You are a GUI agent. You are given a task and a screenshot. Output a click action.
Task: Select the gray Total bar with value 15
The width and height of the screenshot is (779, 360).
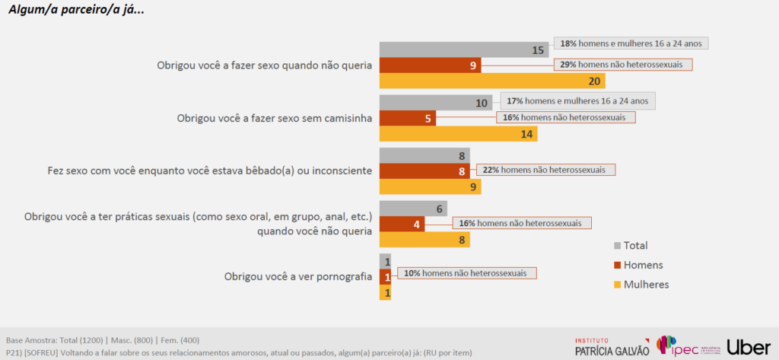464,50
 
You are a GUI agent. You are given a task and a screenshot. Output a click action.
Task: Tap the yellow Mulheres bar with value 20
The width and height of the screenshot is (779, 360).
491,81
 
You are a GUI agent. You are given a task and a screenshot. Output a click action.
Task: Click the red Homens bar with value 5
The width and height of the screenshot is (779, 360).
407,118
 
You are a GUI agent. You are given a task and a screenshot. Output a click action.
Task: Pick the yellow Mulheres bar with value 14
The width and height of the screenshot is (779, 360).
458,134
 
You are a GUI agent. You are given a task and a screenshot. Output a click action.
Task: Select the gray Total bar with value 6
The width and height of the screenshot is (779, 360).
412,209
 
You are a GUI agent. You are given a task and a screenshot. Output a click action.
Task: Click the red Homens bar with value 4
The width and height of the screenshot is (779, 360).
402,224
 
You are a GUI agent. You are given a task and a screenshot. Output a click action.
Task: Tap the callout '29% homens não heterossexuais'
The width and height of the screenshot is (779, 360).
623,65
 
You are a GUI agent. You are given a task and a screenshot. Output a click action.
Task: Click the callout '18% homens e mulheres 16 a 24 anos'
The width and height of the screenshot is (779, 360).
631,43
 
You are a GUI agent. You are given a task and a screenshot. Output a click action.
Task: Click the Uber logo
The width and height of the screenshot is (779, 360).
749,346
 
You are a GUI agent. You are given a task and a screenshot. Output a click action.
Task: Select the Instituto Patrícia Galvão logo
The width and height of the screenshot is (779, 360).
612,346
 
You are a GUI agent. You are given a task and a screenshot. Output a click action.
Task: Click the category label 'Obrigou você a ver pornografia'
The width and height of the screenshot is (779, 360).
297,277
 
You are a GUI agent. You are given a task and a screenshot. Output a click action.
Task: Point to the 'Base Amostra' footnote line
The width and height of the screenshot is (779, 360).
103,339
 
